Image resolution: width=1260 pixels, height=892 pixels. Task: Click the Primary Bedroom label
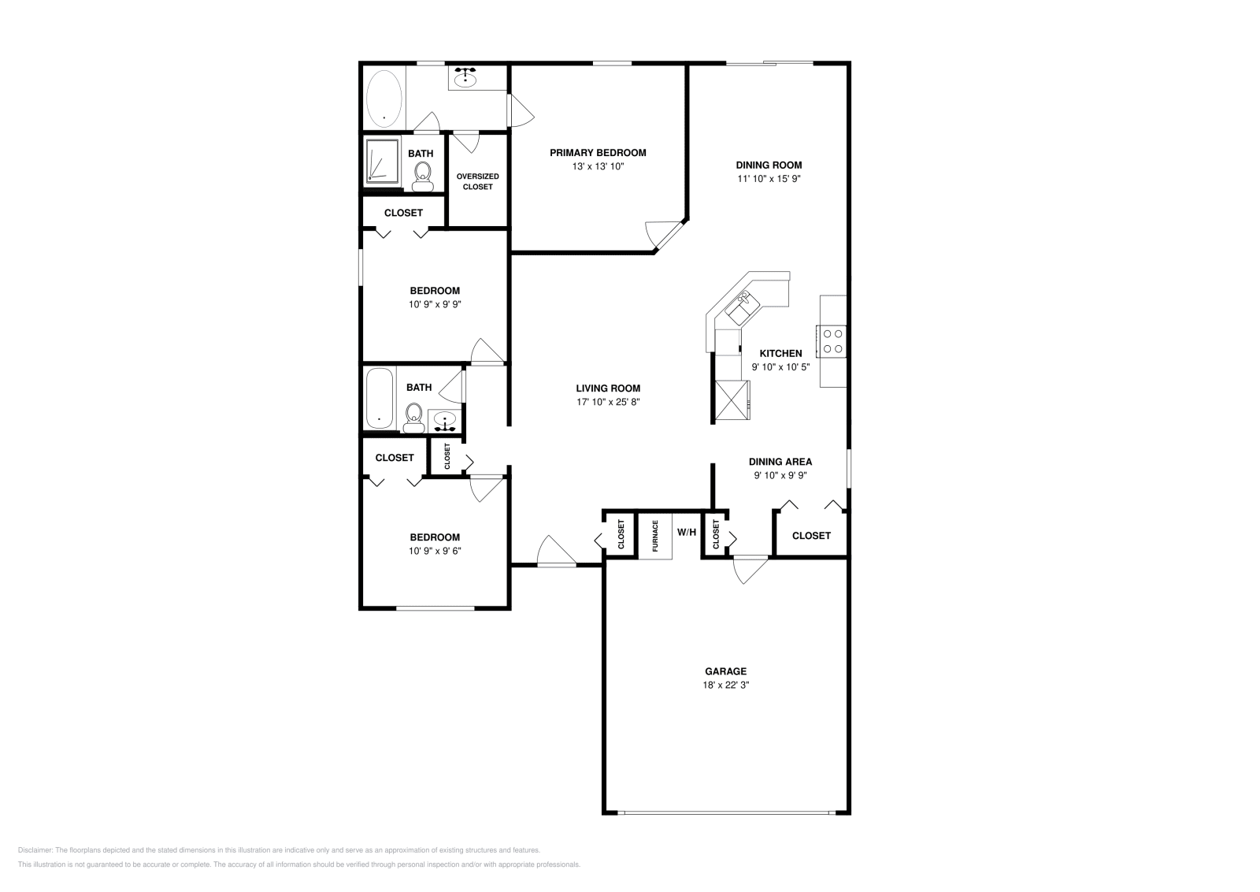[598, 153]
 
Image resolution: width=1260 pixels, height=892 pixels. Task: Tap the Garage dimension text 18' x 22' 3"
[726, 685]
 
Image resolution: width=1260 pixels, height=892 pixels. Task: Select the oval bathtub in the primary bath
[384, 98]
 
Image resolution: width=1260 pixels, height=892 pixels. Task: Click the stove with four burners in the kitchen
[833, 340]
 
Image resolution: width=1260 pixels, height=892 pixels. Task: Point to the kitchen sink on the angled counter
[741, 308]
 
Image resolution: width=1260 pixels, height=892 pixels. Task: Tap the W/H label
[687, 533]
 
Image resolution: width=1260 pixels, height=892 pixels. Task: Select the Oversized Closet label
[477, 181]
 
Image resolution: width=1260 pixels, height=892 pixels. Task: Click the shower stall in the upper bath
[383, 162]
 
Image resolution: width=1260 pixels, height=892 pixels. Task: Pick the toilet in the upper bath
[423, 175]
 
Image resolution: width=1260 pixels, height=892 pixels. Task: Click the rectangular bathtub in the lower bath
[380, 399]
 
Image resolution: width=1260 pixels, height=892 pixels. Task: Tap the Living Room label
[608, 388]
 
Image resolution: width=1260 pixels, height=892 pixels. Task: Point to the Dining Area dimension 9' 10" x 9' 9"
[780, 475]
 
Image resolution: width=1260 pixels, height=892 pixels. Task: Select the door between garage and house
[749, 569]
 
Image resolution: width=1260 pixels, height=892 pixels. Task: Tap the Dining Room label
[769, 165]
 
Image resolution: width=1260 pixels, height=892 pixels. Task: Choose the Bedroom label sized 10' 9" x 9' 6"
[435, 537]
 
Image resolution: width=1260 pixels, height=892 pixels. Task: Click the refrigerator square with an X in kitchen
[732, 400]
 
